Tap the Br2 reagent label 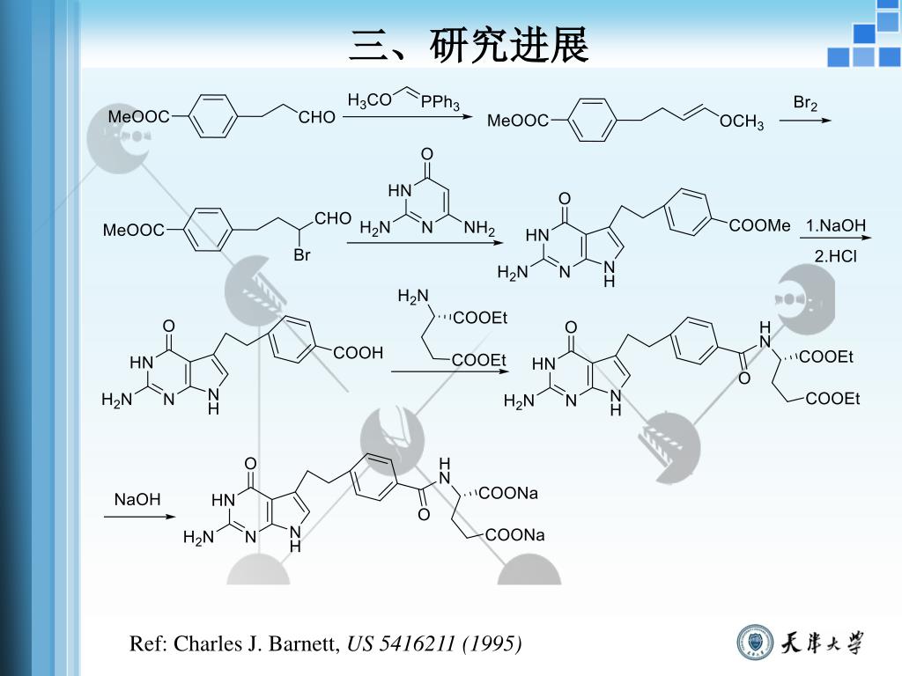point(805,104)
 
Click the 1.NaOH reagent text point(835,226)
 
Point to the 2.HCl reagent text point(835,257)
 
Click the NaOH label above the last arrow point(137,500)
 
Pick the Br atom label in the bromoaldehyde point(302,256)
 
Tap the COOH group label point(359,353)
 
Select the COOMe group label point(759,226)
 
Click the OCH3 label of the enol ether point(742,122)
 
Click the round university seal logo point(754,643)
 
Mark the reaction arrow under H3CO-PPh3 point(407,116)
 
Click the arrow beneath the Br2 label point(804,120)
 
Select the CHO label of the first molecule point(317,117)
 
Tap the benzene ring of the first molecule point(213,116)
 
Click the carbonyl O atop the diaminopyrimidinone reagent point(427,156)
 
